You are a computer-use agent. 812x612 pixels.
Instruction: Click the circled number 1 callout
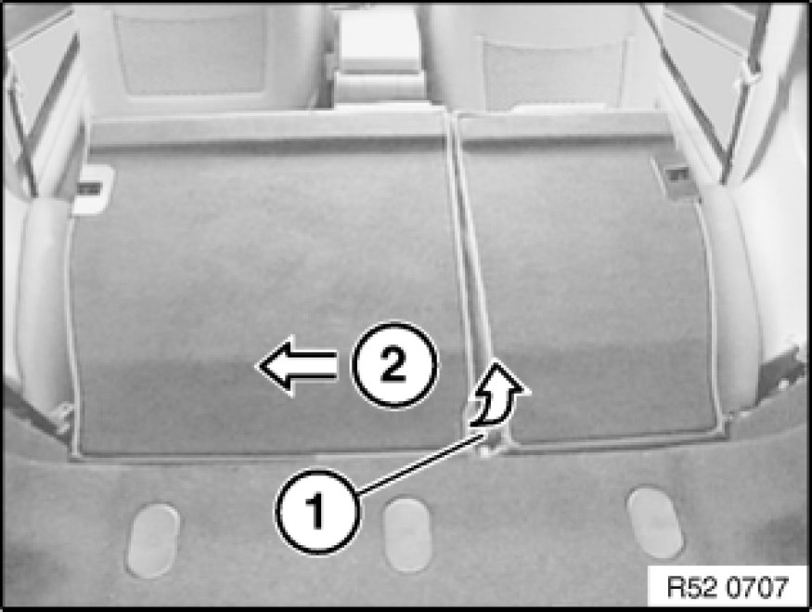point(318,511)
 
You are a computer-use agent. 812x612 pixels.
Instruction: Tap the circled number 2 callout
point(394,364)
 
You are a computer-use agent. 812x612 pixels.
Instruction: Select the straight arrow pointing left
point(297,366)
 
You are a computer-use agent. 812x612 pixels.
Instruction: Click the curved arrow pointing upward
point(498,395)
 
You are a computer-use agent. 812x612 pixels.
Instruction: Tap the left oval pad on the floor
point(153,540)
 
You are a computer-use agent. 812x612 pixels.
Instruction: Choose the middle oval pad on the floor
point(407,535)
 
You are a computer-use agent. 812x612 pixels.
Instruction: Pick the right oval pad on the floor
point(655,522)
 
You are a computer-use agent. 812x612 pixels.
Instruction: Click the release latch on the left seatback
point(92,189)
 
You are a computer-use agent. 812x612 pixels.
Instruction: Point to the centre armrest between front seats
point(379,57)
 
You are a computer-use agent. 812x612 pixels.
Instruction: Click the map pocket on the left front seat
point(190,55)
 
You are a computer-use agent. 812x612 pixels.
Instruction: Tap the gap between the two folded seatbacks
point(471,280)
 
